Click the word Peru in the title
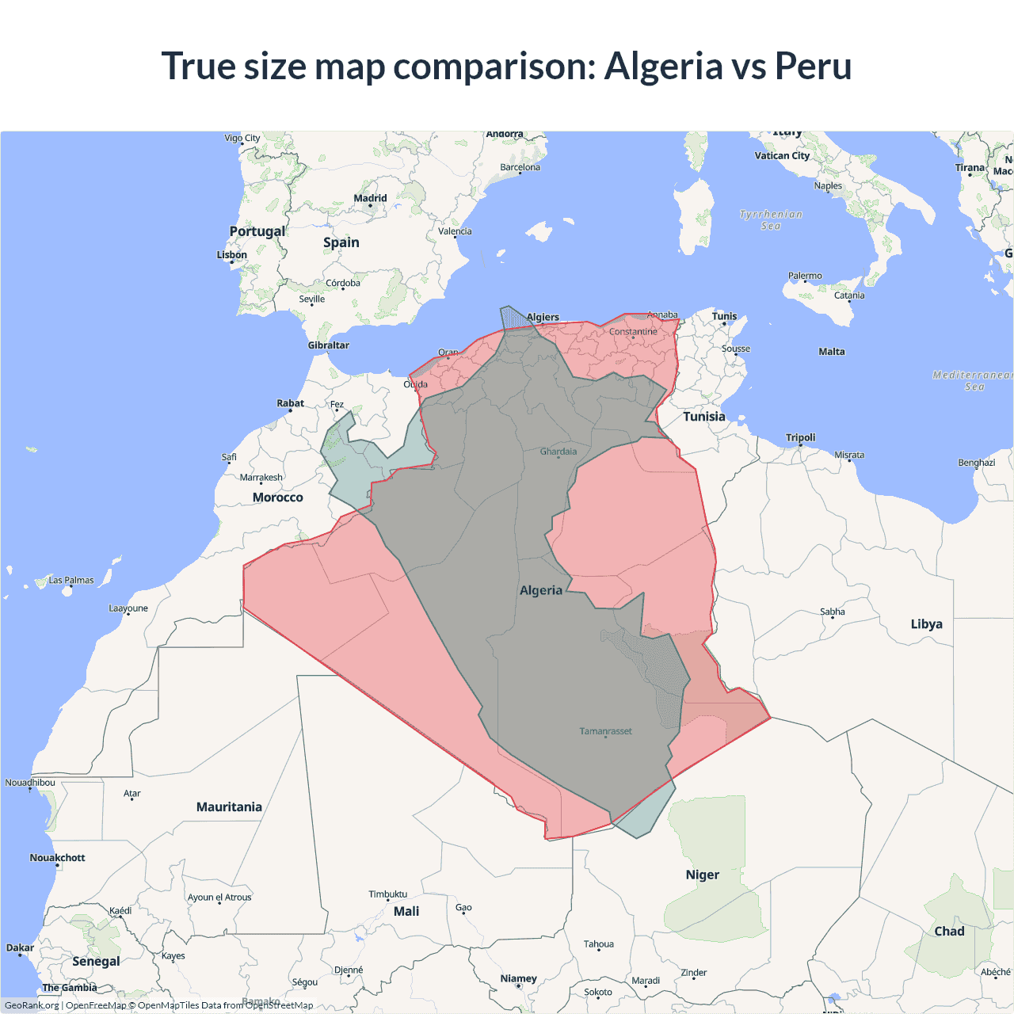pyautogui.click(x=813, y=66)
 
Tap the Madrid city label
pyautogui.click(x=370, y=198)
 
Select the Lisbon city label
pyautogui.click(x=232, y=254)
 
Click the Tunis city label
pyautogui.click(x=724, y=316)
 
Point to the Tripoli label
pyautogui.click(x=800, y=437)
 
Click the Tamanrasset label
pyautogui.click(x=605, y=731)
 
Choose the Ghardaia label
pyautogui.click(x=558, y=452)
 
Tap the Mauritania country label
pyautogui.click(x=229, y=806)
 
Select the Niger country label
pyautogui.click(x=703, y=875)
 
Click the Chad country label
pyautogui.click(x=949, y=931)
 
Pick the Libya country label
pyautogui.click(x=926, y=623)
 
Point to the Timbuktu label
pyautogui.click(x=388, y=894)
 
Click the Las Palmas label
pyautogui.click(x=71, y=580)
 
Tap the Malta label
pyautogui.click(x=832, y=352)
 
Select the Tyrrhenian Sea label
pyautogui.click(x=771, y=219)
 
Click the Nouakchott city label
pyautogui.click(x=57, y=857)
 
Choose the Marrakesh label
pyautogui.click(x=261, y=478)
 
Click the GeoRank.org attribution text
pyautogui.click(x=32, y=1005)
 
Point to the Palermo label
pyautogui.click(x=805, y=276)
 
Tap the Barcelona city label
pyautogui.click(x=520, y=167)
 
